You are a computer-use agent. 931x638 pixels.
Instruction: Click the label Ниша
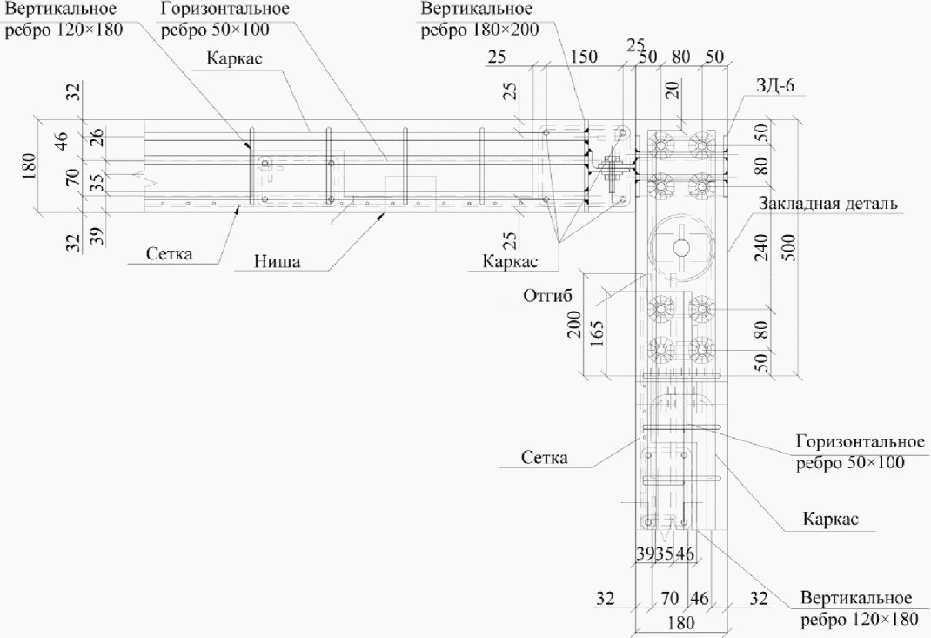point(278,261)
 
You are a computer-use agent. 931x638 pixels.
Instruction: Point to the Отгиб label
point(547,295)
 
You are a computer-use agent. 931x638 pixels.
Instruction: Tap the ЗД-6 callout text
point(775,85)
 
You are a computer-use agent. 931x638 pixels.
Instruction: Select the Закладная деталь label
point(827,203)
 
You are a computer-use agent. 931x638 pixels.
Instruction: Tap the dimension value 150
point(584,57)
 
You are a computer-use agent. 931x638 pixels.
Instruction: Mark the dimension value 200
point(574,324)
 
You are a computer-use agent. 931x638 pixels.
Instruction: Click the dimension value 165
point(597,334)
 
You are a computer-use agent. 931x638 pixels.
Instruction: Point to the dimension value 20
point(672,90)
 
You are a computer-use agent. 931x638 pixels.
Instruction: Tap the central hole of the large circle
point(680,245)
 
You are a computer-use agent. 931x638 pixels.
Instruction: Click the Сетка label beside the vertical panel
point(545,458)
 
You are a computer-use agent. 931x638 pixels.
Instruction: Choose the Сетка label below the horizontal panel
point(169,253)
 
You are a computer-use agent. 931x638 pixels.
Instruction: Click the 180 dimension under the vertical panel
point(680,622)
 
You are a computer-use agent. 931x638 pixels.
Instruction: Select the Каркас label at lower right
point(831,519)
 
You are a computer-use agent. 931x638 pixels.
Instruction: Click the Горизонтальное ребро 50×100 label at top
point(225,19)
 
